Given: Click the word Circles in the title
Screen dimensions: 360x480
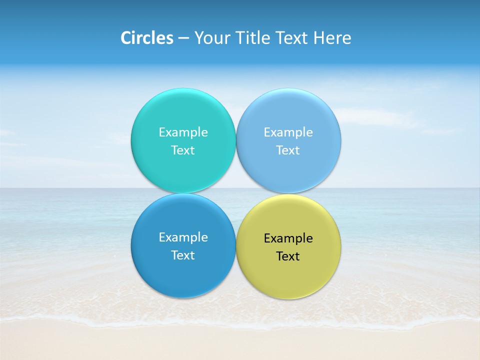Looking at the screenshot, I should click(147, 38).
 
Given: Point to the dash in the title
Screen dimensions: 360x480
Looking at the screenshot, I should click(183, 38).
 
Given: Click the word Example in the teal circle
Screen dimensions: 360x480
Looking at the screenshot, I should click(183, 132).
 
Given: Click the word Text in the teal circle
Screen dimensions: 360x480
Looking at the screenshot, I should click(183, 150).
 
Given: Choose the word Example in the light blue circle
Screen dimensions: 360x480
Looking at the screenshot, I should click(288, 132).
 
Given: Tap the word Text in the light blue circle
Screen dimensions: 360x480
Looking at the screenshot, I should click(288, 150).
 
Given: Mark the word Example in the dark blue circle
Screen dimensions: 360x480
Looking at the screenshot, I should click(183, 237).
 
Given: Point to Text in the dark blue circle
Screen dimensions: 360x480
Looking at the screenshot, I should click(183, 255).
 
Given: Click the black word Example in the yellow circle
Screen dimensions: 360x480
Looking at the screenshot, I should click(288, 238).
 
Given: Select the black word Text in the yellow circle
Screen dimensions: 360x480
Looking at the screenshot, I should click(288, 256).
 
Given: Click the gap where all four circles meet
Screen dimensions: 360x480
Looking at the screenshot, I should click(236, 193).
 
